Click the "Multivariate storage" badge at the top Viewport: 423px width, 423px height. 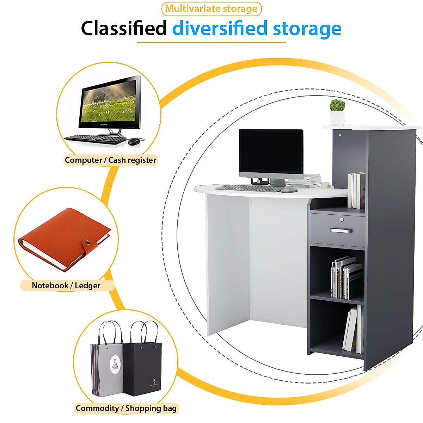[211, 9]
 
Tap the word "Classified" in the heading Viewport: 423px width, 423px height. [124, 29]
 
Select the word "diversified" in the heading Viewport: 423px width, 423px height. [220, 29]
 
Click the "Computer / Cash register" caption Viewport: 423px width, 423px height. [110, 160]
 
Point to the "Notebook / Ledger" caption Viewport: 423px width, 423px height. [66, 286]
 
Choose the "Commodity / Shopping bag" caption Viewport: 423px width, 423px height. [126, 408]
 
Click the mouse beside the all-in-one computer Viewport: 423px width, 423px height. [134, 141]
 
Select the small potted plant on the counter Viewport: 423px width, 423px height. [337, 112]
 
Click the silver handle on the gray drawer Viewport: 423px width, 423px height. [341, 231]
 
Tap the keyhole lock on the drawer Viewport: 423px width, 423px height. [342, 220]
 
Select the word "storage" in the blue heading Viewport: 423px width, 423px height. [307, 29]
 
